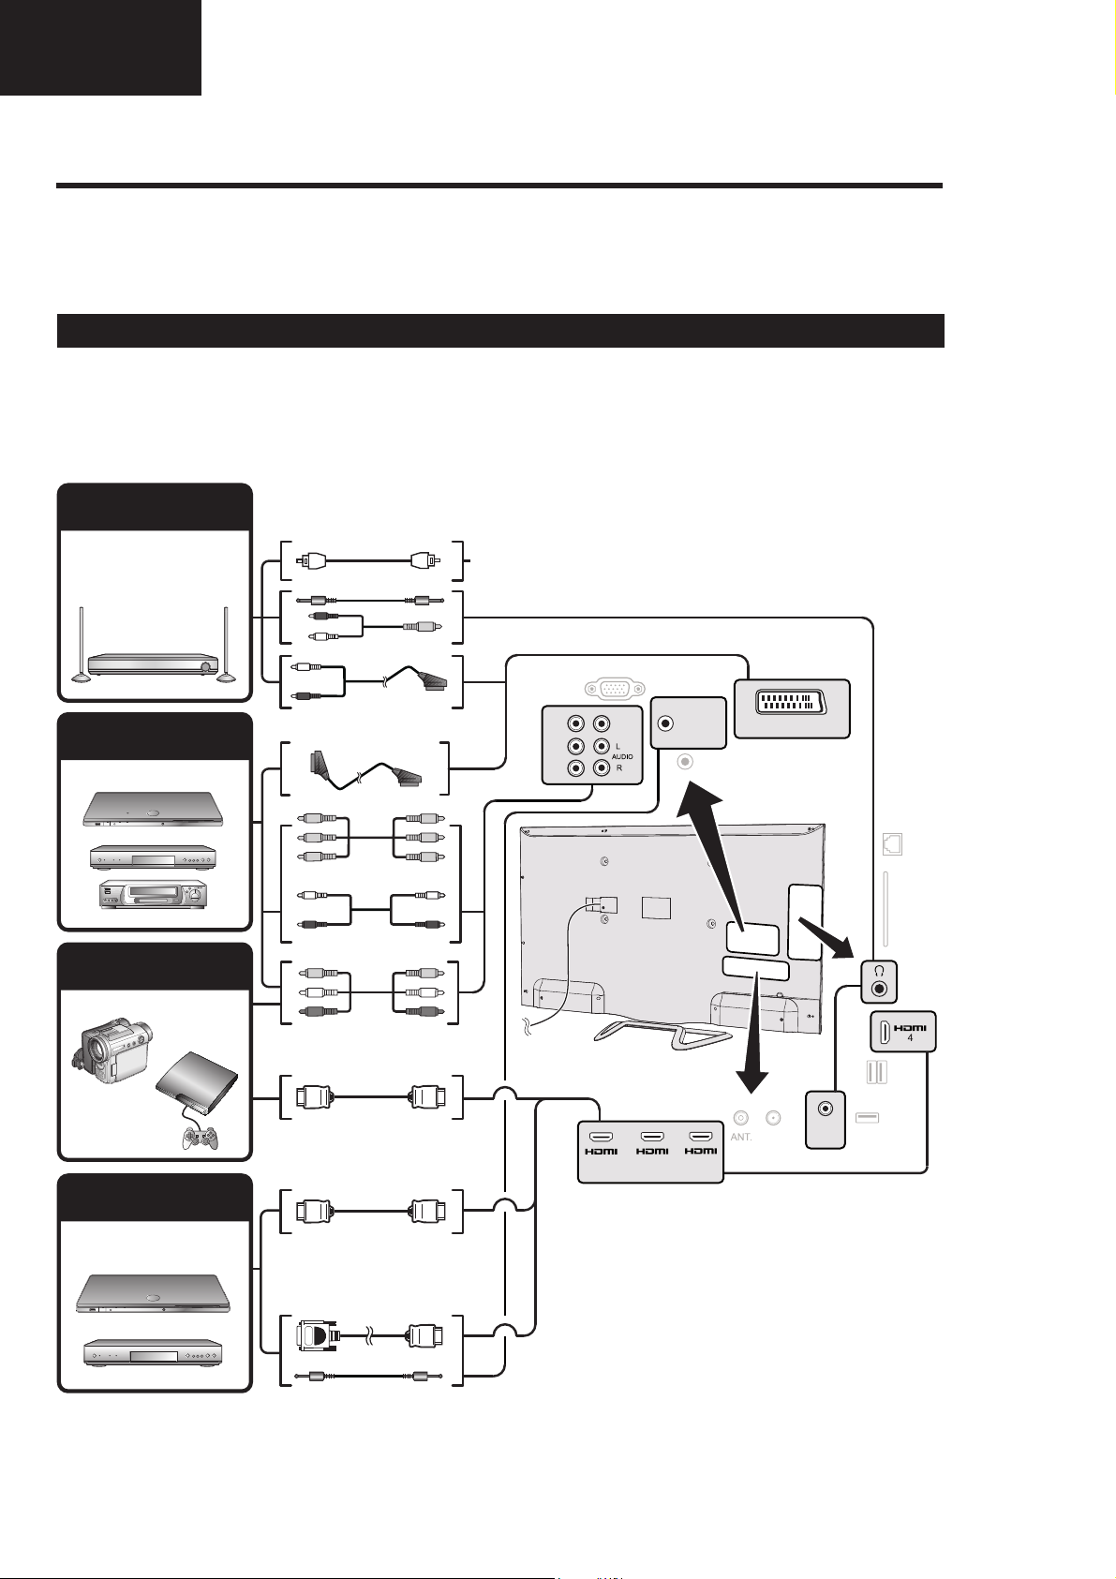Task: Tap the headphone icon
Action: [879, 970]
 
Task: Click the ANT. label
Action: [741, 1137]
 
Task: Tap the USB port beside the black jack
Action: [867, 1117]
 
